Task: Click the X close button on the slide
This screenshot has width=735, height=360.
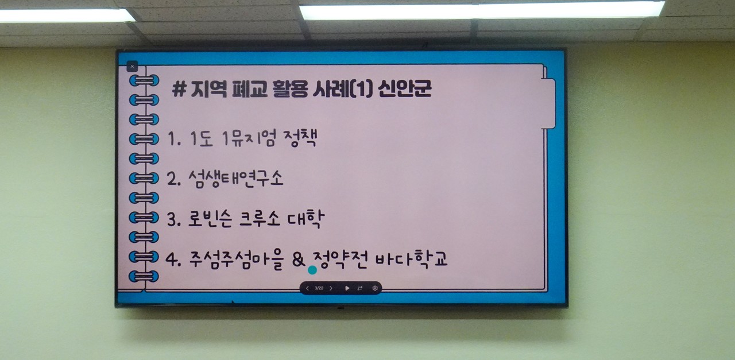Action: tap(133, 67)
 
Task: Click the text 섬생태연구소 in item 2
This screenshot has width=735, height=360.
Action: tap(235, 179)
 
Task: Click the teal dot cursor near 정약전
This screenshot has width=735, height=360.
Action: tap(312, 269)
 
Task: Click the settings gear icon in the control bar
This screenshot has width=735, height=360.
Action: tap(375, 288)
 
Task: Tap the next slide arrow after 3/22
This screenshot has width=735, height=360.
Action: tap(331, 288)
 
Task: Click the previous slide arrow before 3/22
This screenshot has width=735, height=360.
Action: tap(307, 288)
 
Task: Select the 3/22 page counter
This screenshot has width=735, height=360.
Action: tap(319, 288)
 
